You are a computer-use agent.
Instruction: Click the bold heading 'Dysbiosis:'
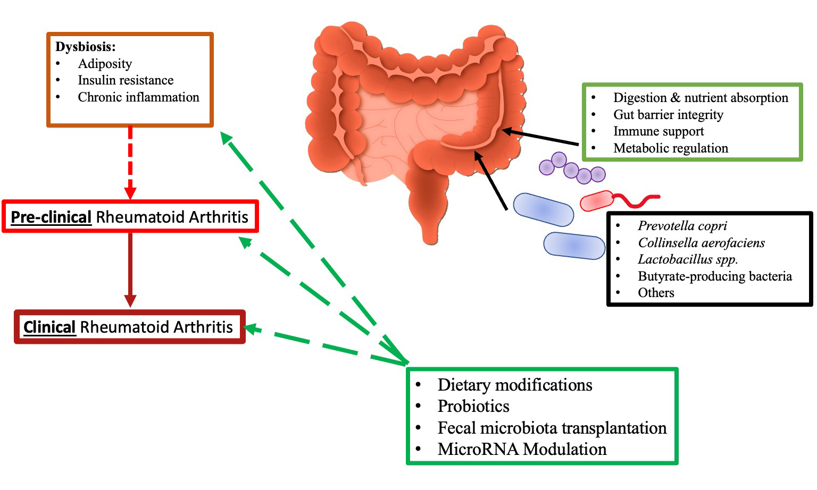coord(85,47)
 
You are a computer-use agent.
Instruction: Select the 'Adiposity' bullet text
coord(105,64)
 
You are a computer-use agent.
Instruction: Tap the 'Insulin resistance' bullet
coord(126,80)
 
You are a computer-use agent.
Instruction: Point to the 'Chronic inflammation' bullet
coord(138,97)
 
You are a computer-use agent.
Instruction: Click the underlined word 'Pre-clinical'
coord(51,217)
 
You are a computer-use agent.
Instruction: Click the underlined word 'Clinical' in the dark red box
coord(49,327)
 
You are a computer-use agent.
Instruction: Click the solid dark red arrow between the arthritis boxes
coord(130,268)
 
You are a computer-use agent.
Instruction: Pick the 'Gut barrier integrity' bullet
coord(668,115)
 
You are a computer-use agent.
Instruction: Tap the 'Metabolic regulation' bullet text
coord(670,148)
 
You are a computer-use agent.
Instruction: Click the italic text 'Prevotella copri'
coord(682,226)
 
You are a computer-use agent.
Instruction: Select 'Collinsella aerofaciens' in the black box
coord(701,243)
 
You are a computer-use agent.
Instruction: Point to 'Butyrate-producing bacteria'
coord(714,276)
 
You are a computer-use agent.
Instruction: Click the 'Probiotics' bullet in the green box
coord(473,406)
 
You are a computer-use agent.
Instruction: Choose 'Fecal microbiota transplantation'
coord(552,428)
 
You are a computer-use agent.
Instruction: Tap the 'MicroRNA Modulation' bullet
coord(521,449)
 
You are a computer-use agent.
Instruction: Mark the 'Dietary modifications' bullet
coord(514,385)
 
